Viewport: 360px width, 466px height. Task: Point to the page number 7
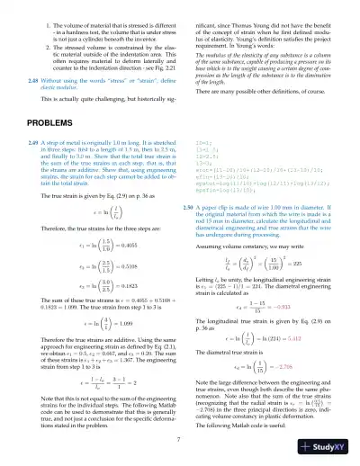(x=179, y=439)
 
